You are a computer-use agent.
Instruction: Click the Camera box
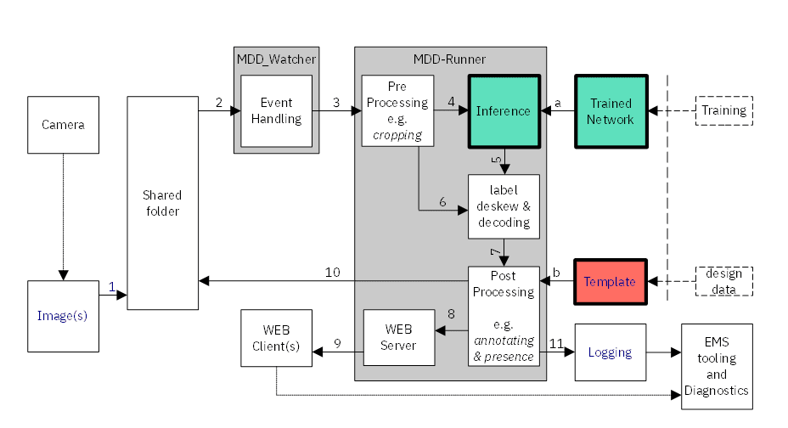[x=63, y=125]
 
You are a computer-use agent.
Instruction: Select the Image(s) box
[x=63, y=316]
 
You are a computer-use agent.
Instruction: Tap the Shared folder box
[x=161, y=202]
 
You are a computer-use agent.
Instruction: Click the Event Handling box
[x=276, y=110]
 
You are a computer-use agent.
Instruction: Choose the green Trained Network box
[x=611, y=111]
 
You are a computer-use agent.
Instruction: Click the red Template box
[x=611, y=282]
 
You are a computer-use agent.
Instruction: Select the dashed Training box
[x=723, y=110]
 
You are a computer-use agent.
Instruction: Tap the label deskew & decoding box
[x=503, y=206]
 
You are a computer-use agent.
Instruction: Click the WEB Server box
[x=398, y=337]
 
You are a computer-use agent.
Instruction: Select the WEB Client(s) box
[x=276, y=337]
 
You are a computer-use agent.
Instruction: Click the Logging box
[x=610, y=352]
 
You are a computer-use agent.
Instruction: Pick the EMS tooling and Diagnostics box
[x=716, y=365]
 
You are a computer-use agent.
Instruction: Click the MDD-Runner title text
[x=449, y=59]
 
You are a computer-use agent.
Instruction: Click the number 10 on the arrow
[x=333, y=272]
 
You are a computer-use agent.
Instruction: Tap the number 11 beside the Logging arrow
[x=556, y=342]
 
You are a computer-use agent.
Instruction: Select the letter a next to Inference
[x=558, y=102]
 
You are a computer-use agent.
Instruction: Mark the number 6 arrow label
[x=442, y=201]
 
